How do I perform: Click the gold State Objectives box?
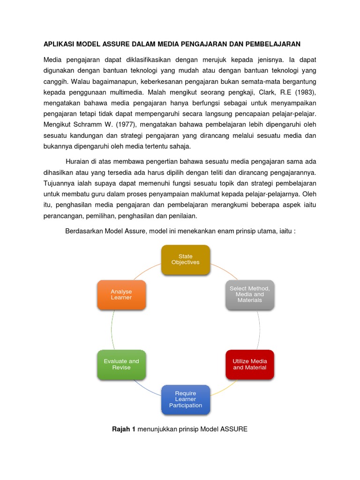[186, 260]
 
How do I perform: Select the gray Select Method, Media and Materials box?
[249, 294]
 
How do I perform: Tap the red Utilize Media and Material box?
[249, 364]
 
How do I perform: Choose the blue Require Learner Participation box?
[186, 399]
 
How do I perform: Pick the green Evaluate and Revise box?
[121, 364]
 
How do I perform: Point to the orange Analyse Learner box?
[121, 294]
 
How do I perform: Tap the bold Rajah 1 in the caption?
[124, 428]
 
